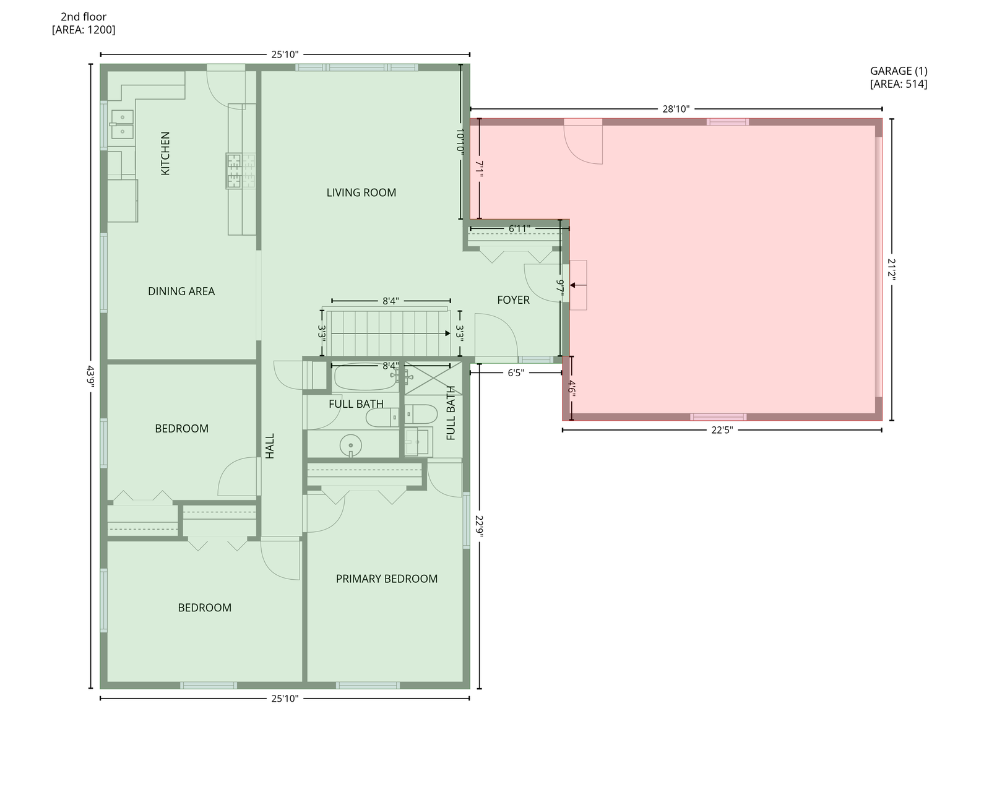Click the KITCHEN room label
(165, 153)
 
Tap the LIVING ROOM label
(361, 192)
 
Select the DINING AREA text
(181, 291)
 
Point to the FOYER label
(513, 300)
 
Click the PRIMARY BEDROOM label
(387, 579)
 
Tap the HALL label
(270, 446)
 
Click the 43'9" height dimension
(91, 376)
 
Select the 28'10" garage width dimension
(676, 109)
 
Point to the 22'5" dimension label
(722, 430)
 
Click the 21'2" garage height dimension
(891, 269)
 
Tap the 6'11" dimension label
(519, 229)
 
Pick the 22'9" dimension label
(479, 527)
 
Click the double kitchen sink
(123, 124)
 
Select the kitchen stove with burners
(241, 171)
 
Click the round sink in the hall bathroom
(351, 445)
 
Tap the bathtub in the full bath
(366, 377)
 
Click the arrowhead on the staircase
(447, 334)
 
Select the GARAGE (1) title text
(899, 71)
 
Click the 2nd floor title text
(84, 17)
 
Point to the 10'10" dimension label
(460, 141)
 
